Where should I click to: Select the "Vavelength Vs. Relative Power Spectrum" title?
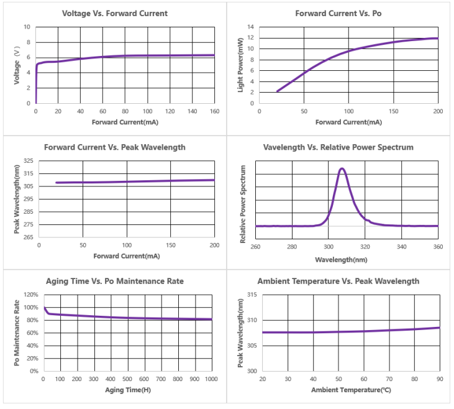pos(338,147)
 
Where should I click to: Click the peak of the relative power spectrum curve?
pos(342,168)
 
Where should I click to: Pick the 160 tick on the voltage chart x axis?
pos(214,112)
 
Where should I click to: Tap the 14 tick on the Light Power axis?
pos(250,27)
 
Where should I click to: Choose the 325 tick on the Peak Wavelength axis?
pos(28,161)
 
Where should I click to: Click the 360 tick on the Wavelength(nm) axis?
pos(438,247)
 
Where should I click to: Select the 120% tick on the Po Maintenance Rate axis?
pos(30,295)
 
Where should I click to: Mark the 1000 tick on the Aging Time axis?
pos(212,379)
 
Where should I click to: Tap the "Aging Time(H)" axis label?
pos(127,391)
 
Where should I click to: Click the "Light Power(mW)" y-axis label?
pos(240,65)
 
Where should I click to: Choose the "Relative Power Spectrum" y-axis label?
pos(243,203)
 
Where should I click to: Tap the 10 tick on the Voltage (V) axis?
pos(27,27)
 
